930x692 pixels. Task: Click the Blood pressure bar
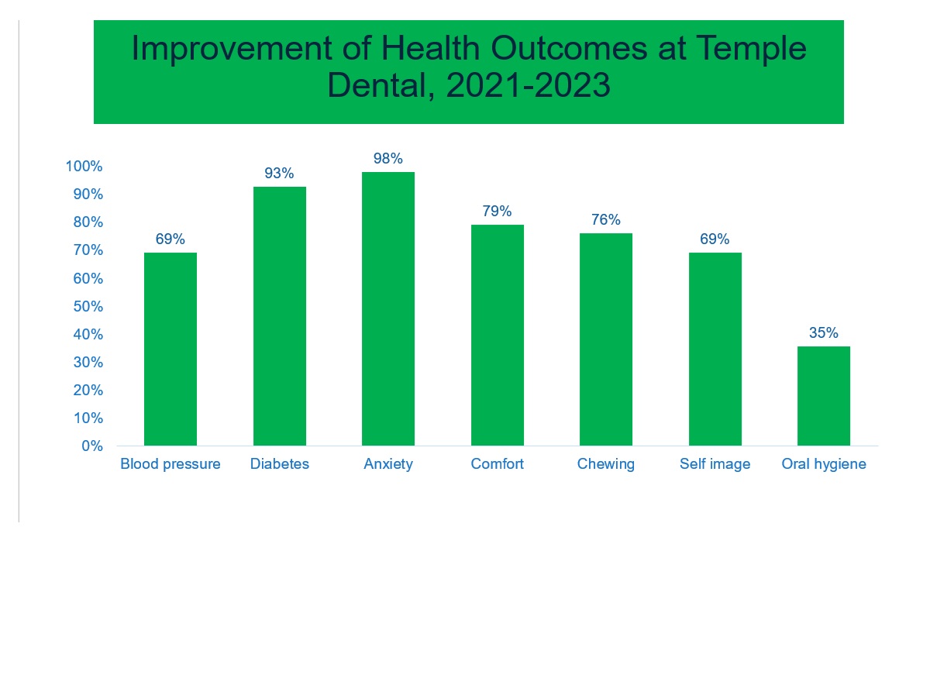(x=170, y=349)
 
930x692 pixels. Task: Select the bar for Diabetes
(x=279, y=316)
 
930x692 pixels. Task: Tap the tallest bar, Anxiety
(x=388, y=308)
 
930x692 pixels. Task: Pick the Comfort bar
(x=497, y=335)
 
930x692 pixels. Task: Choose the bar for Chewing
(x=606, y=339)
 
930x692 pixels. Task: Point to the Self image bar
(x=715, y=349)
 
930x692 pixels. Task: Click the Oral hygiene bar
(x=824, y=396)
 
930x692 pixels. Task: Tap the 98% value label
(x=388, y=159)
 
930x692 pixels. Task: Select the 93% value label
(x=279, y=174)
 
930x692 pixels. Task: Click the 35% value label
(x=824, y=333)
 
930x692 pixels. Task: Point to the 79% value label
(x=497, y=212)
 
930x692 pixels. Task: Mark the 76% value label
(x=606, y=220)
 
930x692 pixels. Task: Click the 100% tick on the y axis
(x=84, y=167)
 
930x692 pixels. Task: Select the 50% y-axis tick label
(x=88, y=306)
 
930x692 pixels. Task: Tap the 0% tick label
(x=92, y=446)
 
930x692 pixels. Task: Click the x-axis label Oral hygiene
(x=824, y=465)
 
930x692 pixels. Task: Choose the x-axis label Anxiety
(x=388, y=465)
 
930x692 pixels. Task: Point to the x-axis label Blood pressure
(x=170, y=465)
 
